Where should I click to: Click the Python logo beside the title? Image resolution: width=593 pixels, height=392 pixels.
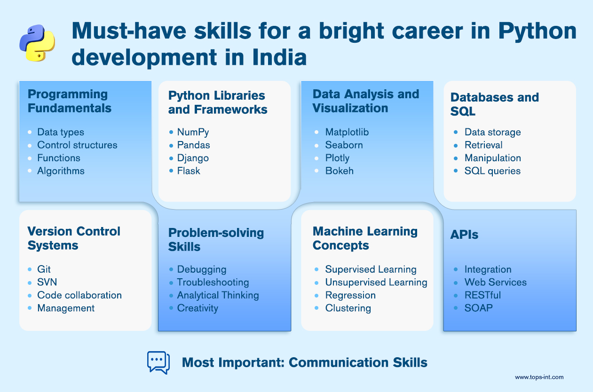37,43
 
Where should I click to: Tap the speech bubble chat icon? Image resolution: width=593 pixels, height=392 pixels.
158,362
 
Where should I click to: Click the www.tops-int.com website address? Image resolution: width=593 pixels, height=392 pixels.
539,377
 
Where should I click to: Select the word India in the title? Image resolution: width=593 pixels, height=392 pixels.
279,57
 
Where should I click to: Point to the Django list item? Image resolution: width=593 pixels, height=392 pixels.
193,158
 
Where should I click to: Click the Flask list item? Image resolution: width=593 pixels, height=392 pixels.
189,171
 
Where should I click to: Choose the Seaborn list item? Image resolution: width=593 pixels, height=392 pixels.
344,145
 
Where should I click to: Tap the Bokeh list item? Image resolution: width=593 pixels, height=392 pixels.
339,171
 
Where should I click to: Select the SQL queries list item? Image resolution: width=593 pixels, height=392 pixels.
492,171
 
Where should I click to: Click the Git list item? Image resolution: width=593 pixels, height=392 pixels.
44,269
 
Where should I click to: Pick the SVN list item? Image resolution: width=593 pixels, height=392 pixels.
47,282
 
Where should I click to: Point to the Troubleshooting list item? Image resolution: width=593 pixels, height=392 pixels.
213,282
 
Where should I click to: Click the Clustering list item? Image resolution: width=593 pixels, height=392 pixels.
348,308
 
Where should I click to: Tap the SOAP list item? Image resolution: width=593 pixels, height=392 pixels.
478,308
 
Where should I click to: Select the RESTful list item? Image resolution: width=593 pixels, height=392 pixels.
482,295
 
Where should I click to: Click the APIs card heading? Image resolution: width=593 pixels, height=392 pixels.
464,235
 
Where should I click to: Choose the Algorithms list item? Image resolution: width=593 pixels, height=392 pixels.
61,171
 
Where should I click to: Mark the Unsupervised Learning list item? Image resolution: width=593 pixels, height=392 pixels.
376,282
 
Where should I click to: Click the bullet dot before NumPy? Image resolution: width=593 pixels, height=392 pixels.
171,132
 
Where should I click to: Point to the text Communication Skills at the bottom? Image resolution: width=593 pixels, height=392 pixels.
358,362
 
